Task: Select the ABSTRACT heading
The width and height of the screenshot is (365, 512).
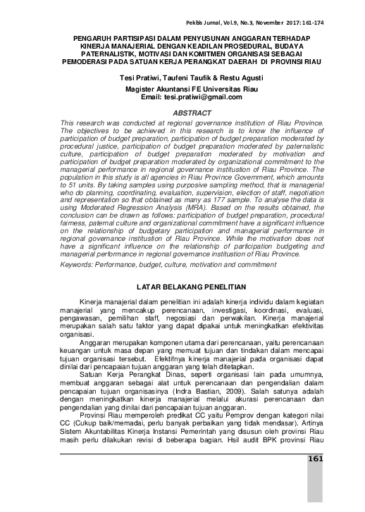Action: point(182,113)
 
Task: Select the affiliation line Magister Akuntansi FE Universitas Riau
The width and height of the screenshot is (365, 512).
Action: point(182,89)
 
